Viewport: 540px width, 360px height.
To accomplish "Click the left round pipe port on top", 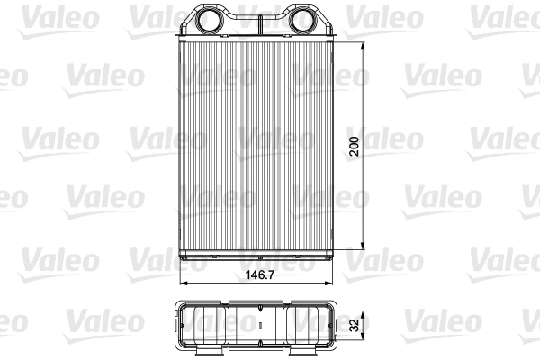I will click(210, 20).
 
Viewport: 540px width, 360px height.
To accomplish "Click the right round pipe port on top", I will click(302, 20).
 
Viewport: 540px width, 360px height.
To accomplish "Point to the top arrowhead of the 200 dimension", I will click(363, 44).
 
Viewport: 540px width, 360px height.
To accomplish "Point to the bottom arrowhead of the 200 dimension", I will click(363, 248).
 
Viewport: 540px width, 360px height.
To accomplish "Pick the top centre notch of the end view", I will click(256, 302).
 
